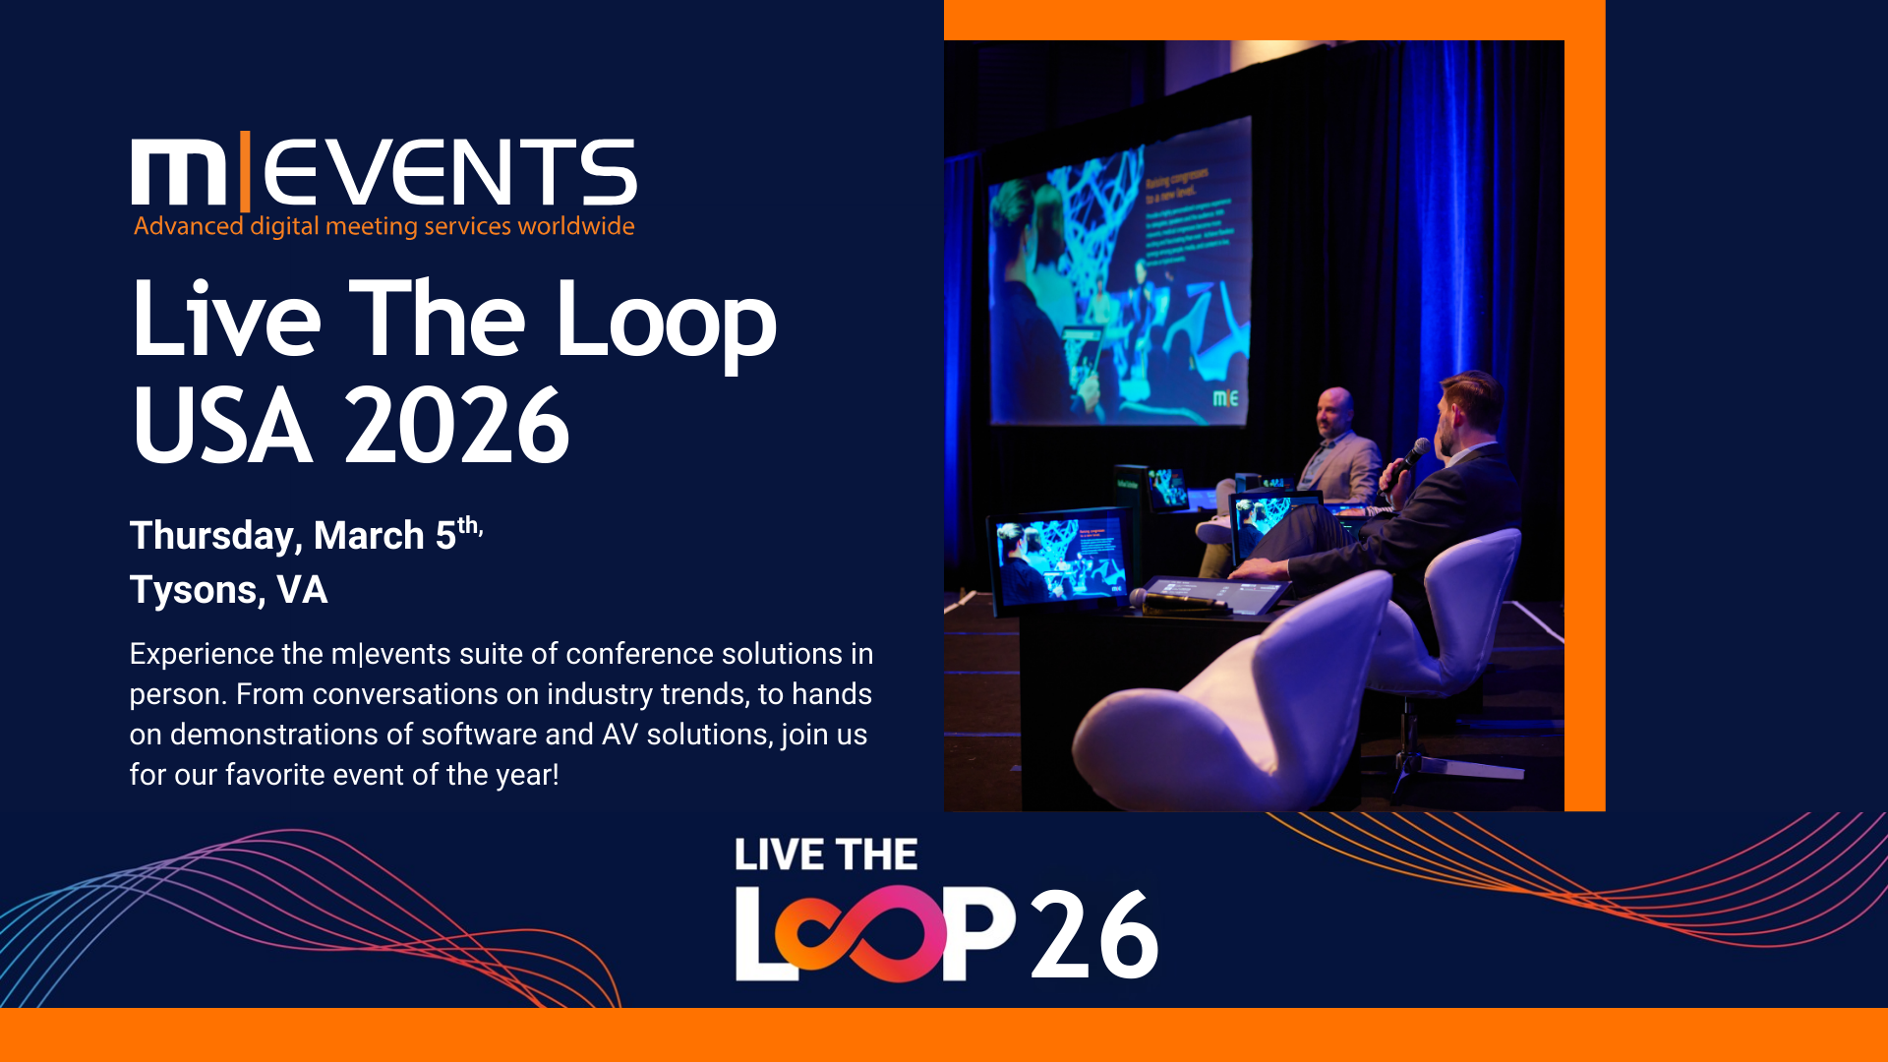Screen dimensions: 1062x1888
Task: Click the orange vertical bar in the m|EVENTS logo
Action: [x=244, y=171]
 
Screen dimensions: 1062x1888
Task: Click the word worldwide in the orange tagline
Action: [x=576, y=226]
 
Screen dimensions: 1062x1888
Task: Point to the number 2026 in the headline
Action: [x=457, y=426]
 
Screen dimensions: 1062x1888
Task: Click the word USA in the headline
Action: [x=222, y=426]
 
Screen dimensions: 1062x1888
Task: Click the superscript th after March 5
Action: [x=468, y=525]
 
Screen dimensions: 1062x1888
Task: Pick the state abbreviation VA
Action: [x=302, y=590]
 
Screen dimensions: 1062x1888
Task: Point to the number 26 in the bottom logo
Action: [x=1094, y=935]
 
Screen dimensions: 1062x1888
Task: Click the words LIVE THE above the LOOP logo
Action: [x=826, y=855]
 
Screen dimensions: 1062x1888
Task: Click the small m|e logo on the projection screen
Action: [x=1225, y=398]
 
